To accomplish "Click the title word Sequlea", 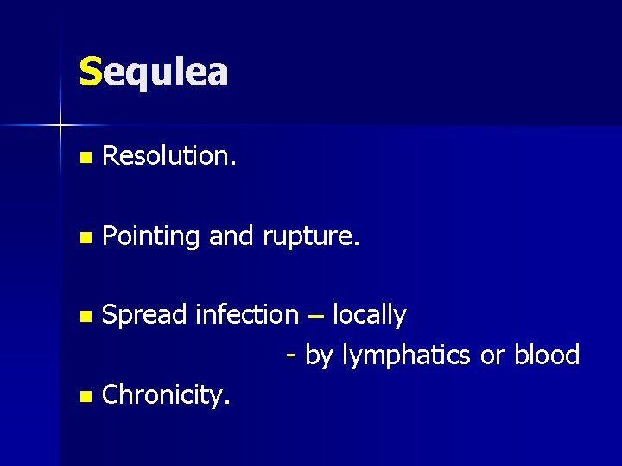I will click(x=153, y=72).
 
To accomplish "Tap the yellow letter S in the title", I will click(x=90, y=72).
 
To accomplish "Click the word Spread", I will click(x=143, y=316).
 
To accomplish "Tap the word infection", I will click(x=246, y=315).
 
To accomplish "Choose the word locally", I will click(x=369, y=316).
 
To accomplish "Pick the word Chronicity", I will click(x=165, y=395).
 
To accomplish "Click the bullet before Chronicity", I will click(x=84, y=397).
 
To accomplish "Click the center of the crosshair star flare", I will click(x=60, y=127).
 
